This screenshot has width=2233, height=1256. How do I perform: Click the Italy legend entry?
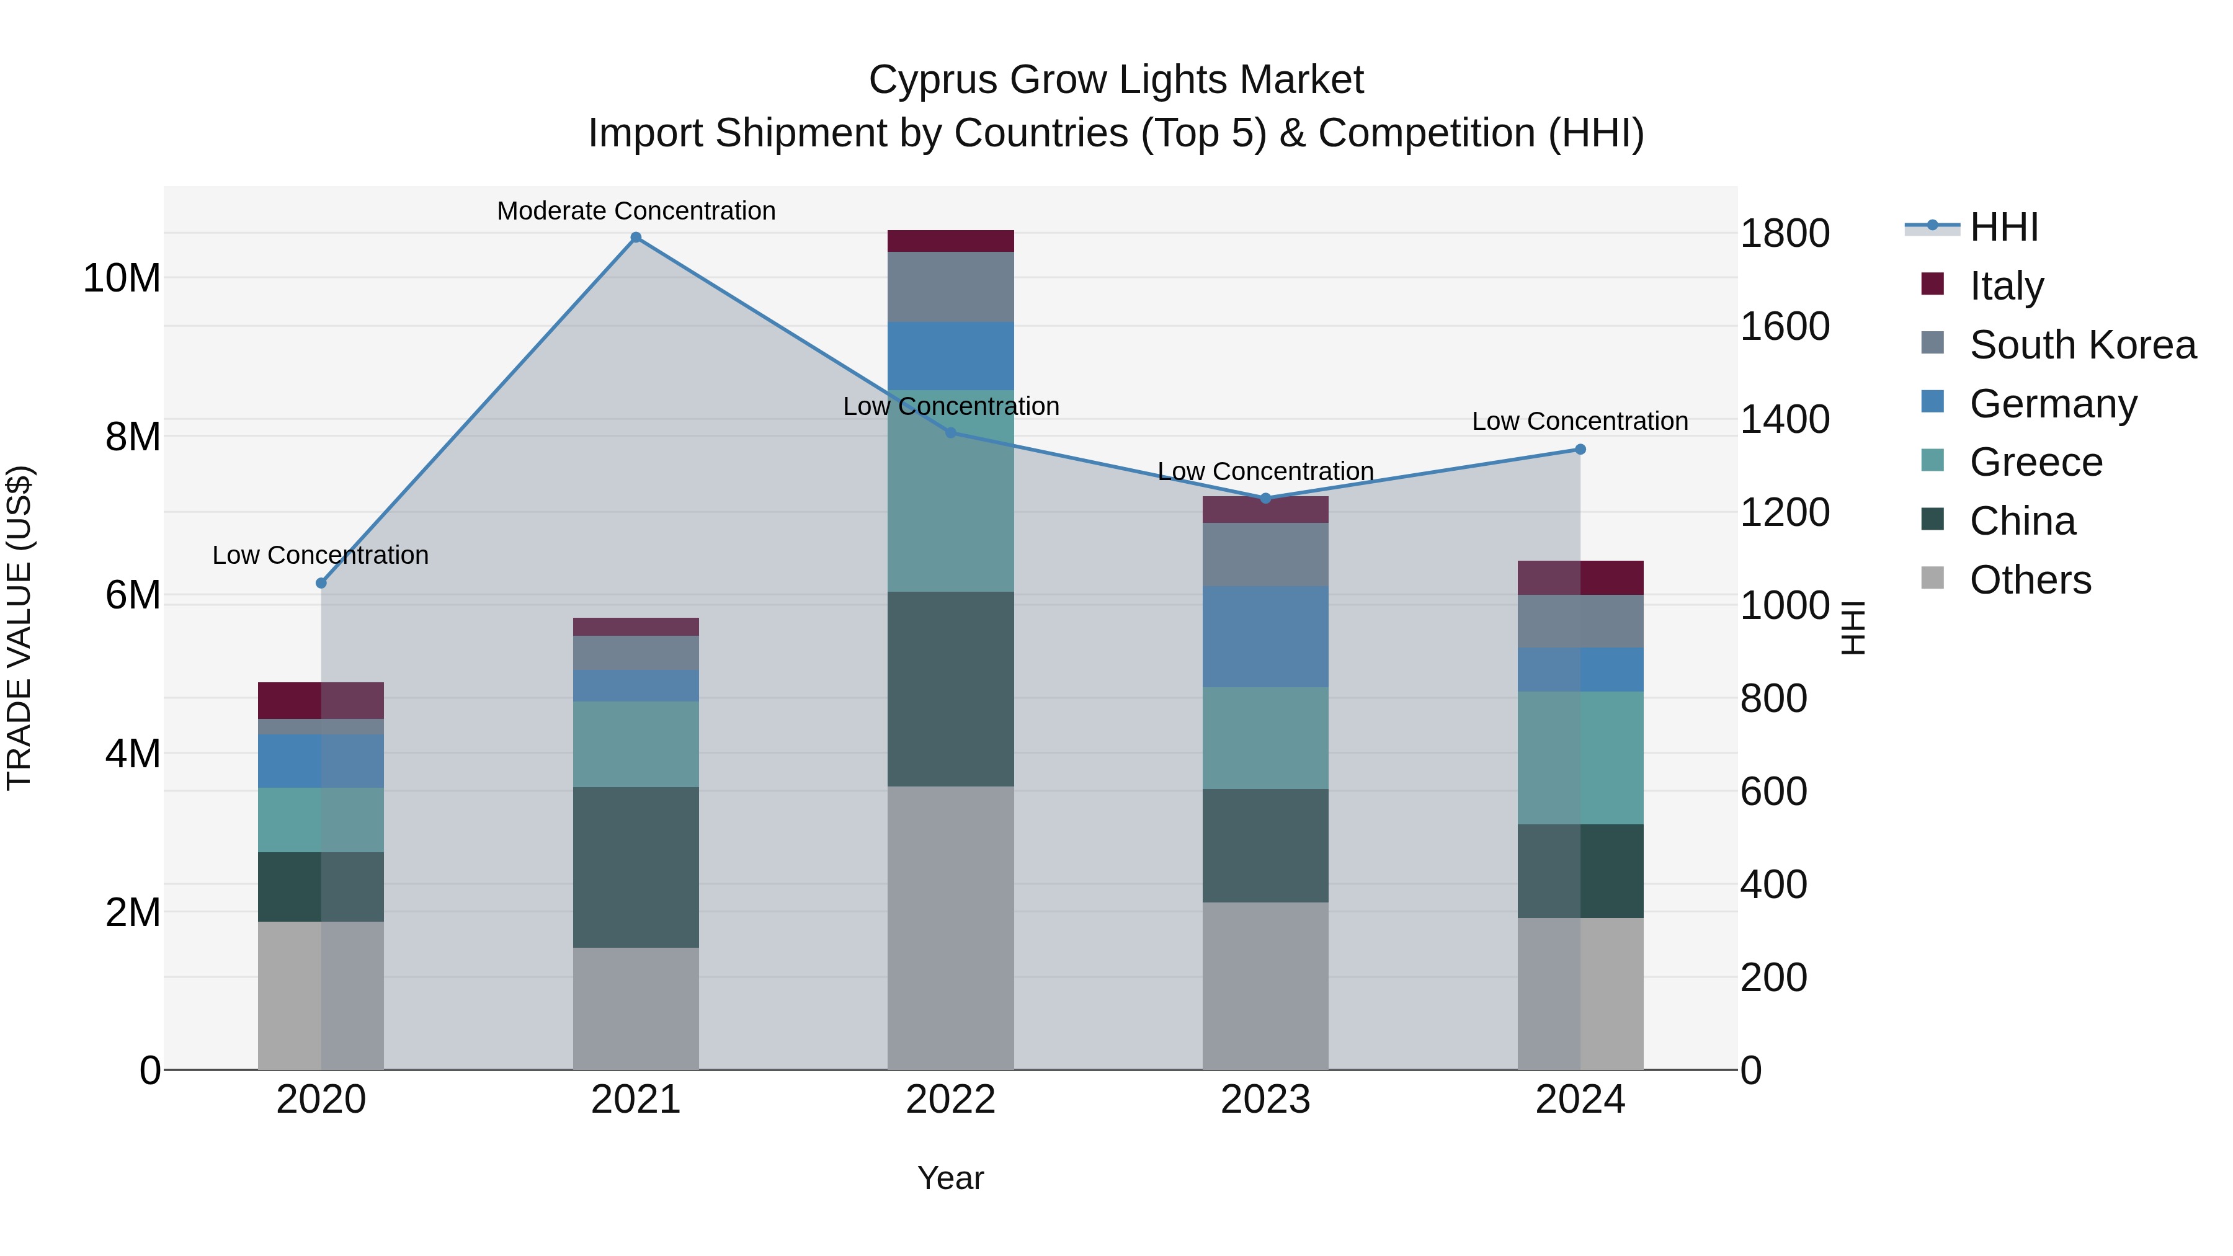2006,286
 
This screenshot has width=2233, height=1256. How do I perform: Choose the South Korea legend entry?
2082,345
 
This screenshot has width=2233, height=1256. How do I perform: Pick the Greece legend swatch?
1932,460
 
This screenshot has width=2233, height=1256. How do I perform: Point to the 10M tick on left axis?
122,278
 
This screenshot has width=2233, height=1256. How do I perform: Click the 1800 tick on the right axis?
1784,233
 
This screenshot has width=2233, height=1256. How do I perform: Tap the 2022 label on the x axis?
950,1100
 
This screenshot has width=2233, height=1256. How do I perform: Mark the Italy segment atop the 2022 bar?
950,241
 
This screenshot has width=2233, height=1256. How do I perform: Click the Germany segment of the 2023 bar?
1265,636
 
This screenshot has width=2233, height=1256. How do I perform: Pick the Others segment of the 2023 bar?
1265,986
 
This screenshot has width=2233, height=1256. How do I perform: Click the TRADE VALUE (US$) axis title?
19,628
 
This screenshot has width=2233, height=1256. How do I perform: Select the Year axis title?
950,1178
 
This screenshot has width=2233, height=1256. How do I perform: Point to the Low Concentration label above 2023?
1265,471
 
